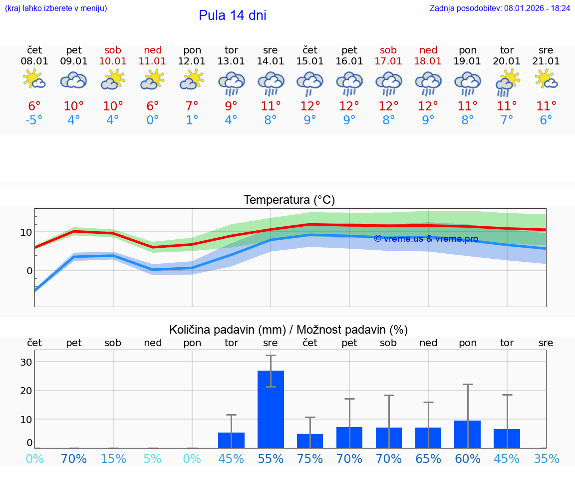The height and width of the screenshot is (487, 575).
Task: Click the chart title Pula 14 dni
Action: click(x=232, y=15)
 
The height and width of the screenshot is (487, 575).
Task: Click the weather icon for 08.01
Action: click(x=34, y=80)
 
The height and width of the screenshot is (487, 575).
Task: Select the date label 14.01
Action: click(x=271, y=61)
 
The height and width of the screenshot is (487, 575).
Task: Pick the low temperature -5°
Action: click(x=34, y=120)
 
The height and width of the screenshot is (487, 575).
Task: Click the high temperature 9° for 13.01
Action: click(x=231, y=106)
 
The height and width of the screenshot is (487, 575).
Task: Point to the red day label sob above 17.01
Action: click(x=388, y=50)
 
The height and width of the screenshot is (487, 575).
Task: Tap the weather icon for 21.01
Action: click(x=546, y=80)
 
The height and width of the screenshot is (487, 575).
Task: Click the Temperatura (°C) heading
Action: click(x=289, y=200)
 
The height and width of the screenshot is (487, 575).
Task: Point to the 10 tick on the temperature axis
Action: click(x=26, y=232)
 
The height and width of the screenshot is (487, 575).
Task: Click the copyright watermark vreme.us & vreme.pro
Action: click(x=426, y=239)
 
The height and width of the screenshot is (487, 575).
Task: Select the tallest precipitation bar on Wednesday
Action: click(x=271, y=409)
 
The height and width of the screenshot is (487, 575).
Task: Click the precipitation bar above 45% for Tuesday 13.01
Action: click(x=231, y=440)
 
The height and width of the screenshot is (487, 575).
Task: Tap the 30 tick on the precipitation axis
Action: click(x=26, y=362)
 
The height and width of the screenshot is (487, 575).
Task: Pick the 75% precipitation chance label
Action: click(x=310, y=459)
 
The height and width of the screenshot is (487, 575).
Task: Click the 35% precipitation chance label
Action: click(x=546, y=459)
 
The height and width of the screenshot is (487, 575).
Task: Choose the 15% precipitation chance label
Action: click(x=113, y=459)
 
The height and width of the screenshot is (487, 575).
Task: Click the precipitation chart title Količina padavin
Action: click(x=288, y=330)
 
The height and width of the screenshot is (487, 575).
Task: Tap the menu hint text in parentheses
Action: click(x=56, y=8)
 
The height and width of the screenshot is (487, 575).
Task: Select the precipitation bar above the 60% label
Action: click(x=468, y=434)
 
